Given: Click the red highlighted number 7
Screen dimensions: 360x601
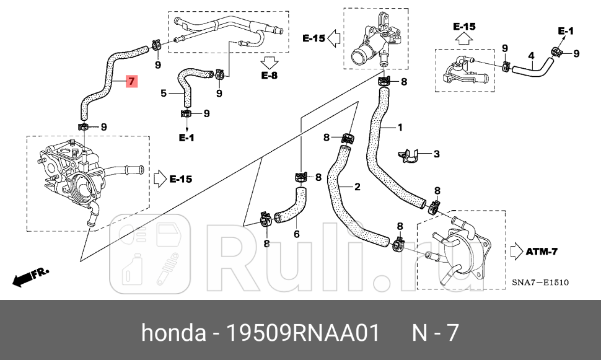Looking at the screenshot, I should [131, 82].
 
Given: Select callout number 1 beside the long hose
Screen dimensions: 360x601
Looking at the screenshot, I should [400, 128].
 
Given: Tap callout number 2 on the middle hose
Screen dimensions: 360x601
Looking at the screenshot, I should [436, 154].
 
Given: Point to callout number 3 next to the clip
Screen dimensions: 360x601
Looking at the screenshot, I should [531, 56].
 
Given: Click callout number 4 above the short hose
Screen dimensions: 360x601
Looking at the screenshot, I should [164, 94].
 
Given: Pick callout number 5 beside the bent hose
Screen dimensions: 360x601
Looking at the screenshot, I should [296, 234].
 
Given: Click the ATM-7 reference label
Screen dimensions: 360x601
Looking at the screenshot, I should [543, 251].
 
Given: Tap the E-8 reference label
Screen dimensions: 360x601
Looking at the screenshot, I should [270, 76].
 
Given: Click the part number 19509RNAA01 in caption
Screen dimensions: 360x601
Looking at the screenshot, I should [302, 333].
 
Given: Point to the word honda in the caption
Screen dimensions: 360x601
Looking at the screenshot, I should [173, 333].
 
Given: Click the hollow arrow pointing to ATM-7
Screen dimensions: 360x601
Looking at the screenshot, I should [515, 251].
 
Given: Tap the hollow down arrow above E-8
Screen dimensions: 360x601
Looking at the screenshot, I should [270, 61].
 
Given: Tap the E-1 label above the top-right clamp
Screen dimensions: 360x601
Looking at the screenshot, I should [566, 30].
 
